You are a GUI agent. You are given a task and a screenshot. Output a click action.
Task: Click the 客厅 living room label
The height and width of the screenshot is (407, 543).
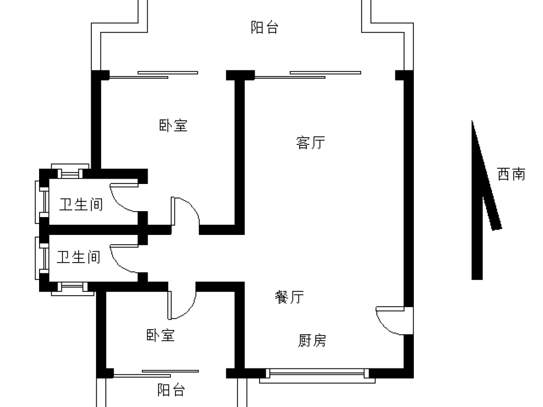(311, 143)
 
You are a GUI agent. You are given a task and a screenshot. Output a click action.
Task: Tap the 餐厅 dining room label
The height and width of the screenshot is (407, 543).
(289, 297)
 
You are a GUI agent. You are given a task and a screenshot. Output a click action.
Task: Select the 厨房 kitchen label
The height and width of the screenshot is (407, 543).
(312, 341)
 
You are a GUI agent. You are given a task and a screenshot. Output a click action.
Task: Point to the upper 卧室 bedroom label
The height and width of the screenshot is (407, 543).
(173, 125)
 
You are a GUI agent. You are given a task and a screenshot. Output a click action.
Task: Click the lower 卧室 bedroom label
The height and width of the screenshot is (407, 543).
(160, 335)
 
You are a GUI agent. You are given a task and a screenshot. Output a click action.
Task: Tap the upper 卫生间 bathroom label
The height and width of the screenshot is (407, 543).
(81, 205)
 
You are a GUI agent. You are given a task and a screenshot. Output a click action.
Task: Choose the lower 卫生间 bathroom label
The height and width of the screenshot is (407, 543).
(79, 257)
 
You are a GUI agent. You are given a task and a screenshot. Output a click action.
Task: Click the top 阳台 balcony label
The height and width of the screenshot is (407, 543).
(264, 27)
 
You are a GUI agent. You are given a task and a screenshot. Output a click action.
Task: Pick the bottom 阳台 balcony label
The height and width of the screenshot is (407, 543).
(171, 390)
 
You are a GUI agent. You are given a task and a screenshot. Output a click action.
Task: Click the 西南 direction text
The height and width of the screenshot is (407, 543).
(511, 174)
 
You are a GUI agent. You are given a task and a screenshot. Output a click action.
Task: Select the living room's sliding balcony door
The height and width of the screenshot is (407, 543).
(308, 75)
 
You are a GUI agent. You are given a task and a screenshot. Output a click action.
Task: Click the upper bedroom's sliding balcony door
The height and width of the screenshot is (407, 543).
(154, 75)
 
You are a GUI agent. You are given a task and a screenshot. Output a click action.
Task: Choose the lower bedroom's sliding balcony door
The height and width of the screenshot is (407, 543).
(156, 373)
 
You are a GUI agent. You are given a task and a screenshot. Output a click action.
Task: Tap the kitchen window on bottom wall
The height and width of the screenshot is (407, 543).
(317, 376)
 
